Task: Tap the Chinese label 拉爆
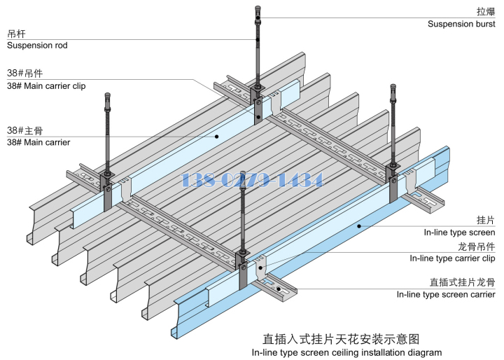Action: pos(486,11)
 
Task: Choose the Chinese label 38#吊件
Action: pos(24,73)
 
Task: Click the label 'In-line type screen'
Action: pos(459,233)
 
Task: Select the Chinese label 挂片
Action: pos(486,220)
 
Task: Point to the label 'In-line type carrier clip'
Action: pos(452,258)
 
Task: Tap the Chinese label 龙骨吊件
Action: pos(477,246)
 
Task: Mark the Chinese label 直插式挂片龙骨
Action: pos(463,282)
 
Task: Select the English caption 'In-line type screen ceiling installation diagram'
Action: pos(346,352)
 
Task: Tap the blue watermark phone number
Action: pos(252,180)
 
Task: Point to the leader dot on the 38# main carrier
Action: pos(217,136)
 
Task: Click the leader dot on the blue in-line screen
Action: pos(359,226)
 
